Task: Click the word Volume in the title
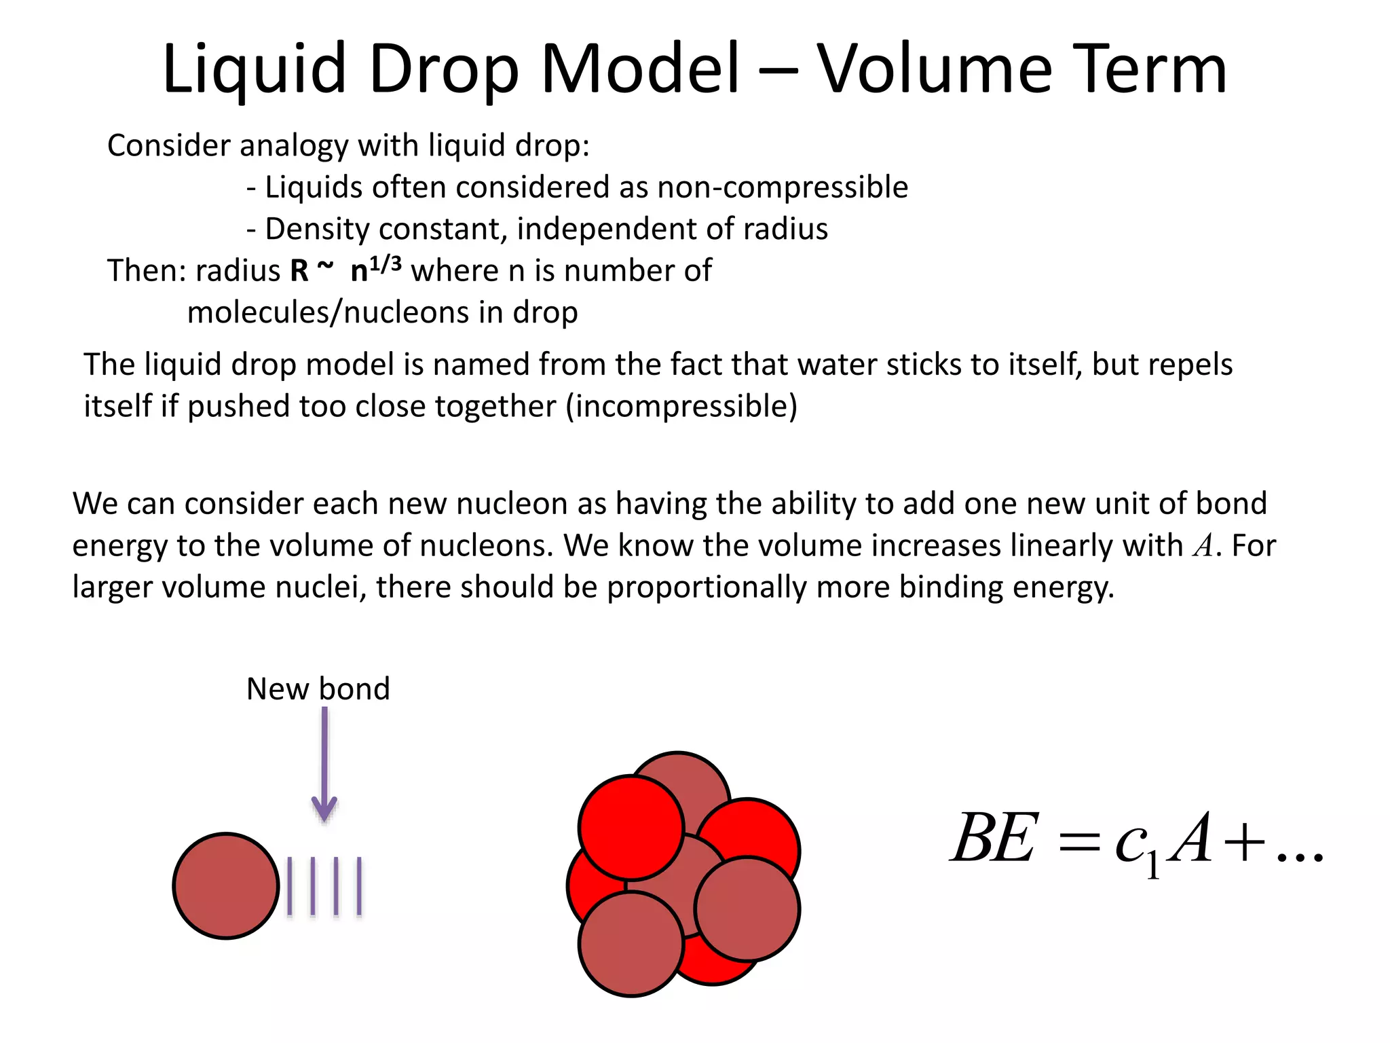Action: tap(936, 69)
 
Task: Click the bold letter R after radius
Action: tap(299, 270)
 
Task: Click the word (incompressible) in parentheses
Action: tap(681, 406)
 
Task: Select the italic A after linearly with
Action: tap(1203, 546)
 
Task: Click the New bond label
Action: tap(318, 689)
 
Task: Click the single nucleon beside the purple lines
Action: tap(226, 886)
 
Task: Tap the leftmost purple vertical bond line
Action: tap(290, 886)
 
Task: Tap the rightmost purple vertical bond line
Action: tap(359, 886)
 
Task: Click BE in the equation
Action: tap(994, 839)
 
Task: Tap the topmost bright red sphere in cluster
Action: tap(631, 827)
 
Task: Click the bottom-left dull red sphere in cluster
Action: tap(631, 944)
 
